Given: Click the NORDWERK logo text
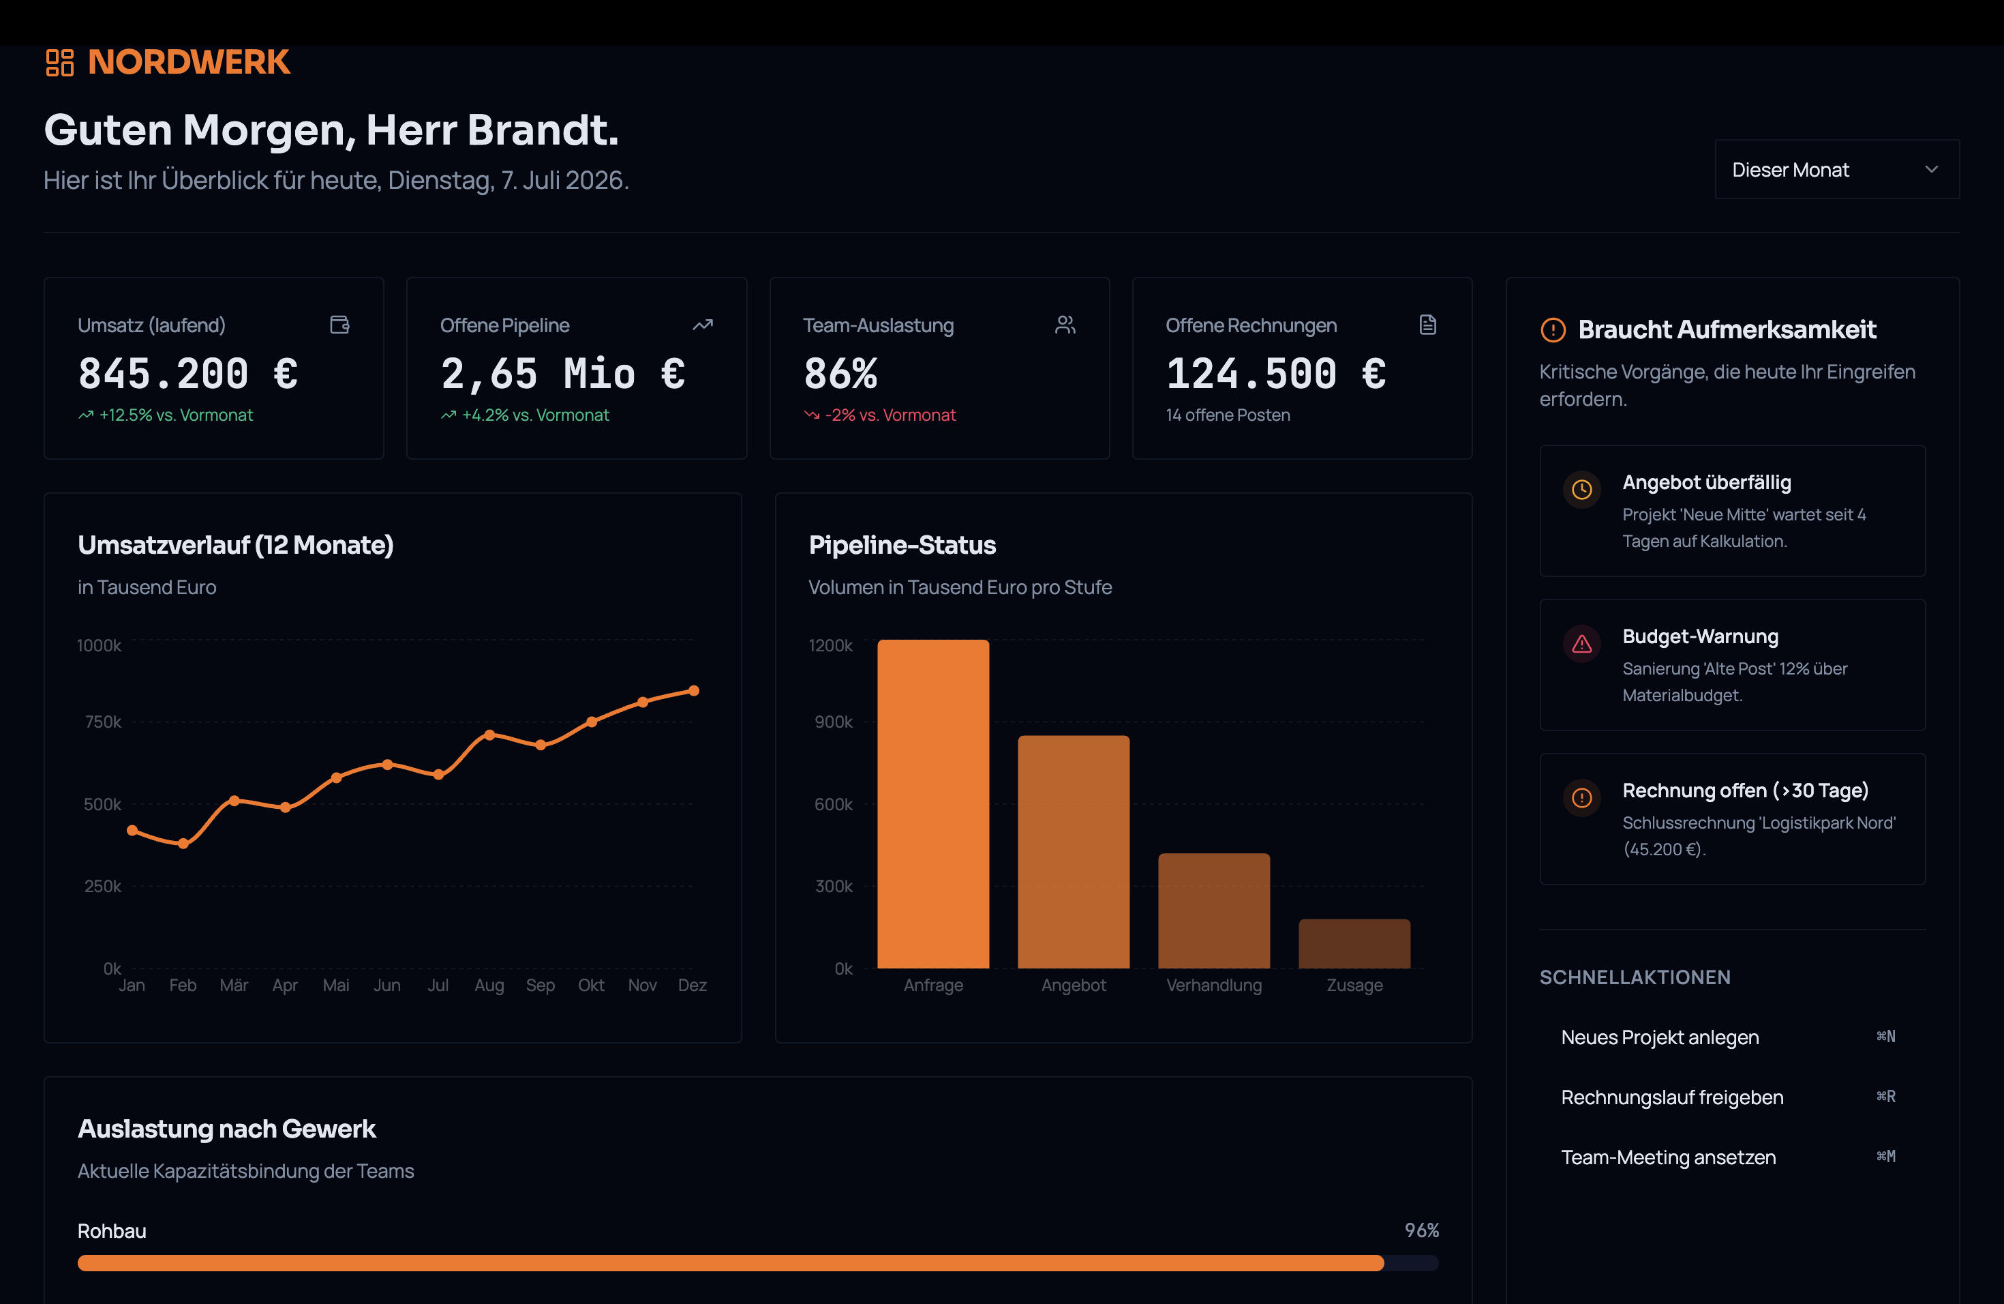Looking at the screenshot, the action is coord(189,62).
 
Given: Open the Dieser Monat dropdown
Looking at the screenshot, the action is coord(1836,169).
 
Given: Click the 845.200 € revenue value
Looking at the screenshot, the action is coord(187,373).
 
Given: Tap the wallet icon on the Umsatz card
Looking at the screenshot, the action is coord(339,325).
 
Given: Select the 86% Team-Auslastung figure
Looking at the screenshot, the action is coord(840,373).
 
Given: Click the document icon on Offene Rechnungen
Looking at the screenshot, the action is coord(1427,325).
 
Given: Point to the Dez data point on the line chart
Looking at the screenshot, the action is coord(694,691).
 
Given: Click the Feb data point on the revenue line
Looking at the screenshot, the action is coord(183,843).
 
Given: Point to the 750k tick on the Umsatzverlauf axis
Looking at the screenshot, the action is coord(103,722).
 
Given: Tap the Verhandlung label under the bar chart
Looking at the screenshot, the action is coord(1213,985).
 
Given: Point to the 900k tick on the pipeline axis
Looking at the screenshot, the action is coord(833,722).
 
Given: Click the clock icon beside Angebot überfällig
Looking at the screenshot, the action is coord(1581,490).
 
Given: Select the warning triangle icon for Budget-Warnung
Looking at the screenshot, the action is coord(1581,644).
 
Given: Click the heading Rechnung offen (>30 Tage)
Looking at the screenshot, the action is coord(1745,790).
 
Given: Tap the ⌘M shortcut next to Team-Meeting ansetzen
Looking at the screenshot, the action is coord(1885,1157).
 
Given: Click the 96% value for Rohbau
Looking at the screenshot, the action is coord(1421,1231).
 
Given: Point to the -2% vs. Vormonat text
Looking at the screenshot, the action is coord(890,415).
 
